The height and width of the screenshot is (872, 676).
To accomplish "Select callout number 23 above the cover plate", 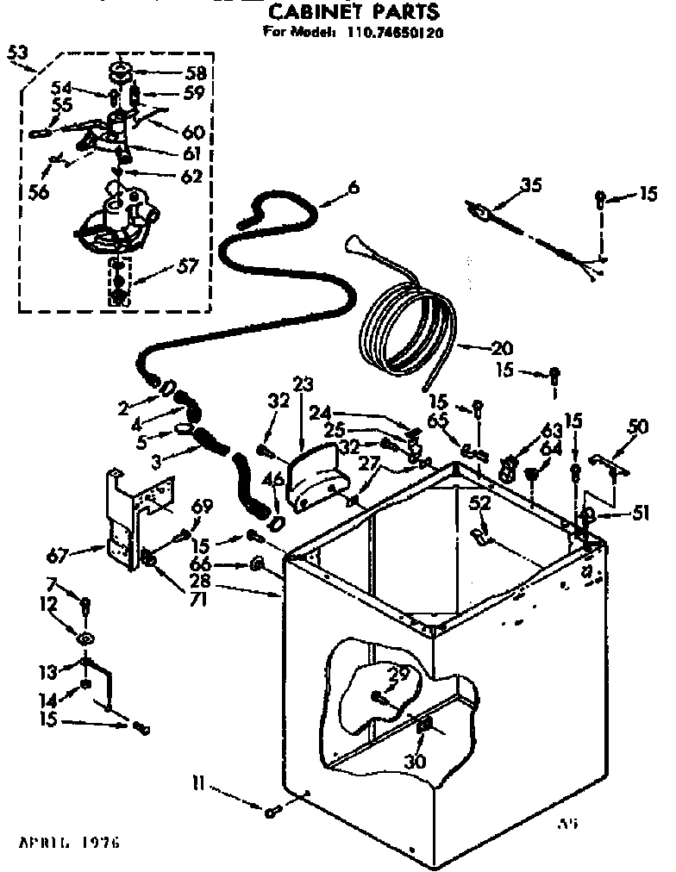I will pyautogui.click(x=304, y=383).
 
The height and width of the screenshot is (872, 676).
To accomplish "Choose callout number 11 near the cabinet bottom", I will pyautogui.click(x=197, y=782).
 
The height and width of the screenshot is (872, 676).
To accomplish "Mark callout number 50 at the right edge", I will pyautogui.click(x=637, y=425).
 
